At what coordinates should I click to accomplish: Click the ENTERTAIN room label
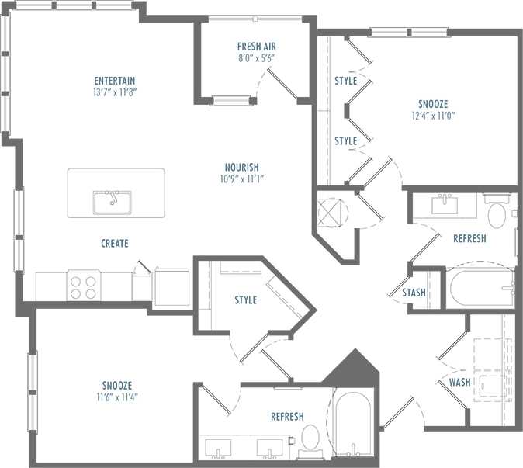(x=115, y=80)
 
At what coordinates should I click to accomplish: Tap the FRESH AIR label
(x=257, y=46)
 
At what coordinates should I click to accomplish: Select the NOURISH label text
(x=241, y=167)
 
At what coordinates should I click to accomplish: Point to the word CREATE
(x=115, y=243)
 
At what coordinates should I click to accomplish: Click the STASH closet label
(x=414, y=293)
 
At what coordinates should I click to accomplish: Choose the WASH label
(x=460, y=382)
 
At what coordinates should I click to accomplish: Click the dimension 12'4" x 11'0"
(x=432, y=115)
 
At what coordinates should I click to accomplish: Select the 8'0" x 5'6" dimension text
(x=257, y=57)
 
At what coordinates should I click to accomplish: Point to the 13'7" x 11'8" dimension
(x=115, y=92)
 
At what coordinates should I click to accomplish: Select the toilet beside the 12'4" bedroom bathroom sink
(x=497, y=213)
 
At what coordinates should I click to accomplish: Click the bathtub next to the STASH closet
(x=481, y=288)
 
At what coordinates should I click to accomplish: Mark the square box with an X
(x=331, y=211)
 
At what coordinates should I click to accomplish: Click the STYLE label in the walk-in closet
(x=246, y=300)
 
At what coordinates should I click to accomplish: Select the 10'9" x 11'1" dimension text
(x=241, y=179)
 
